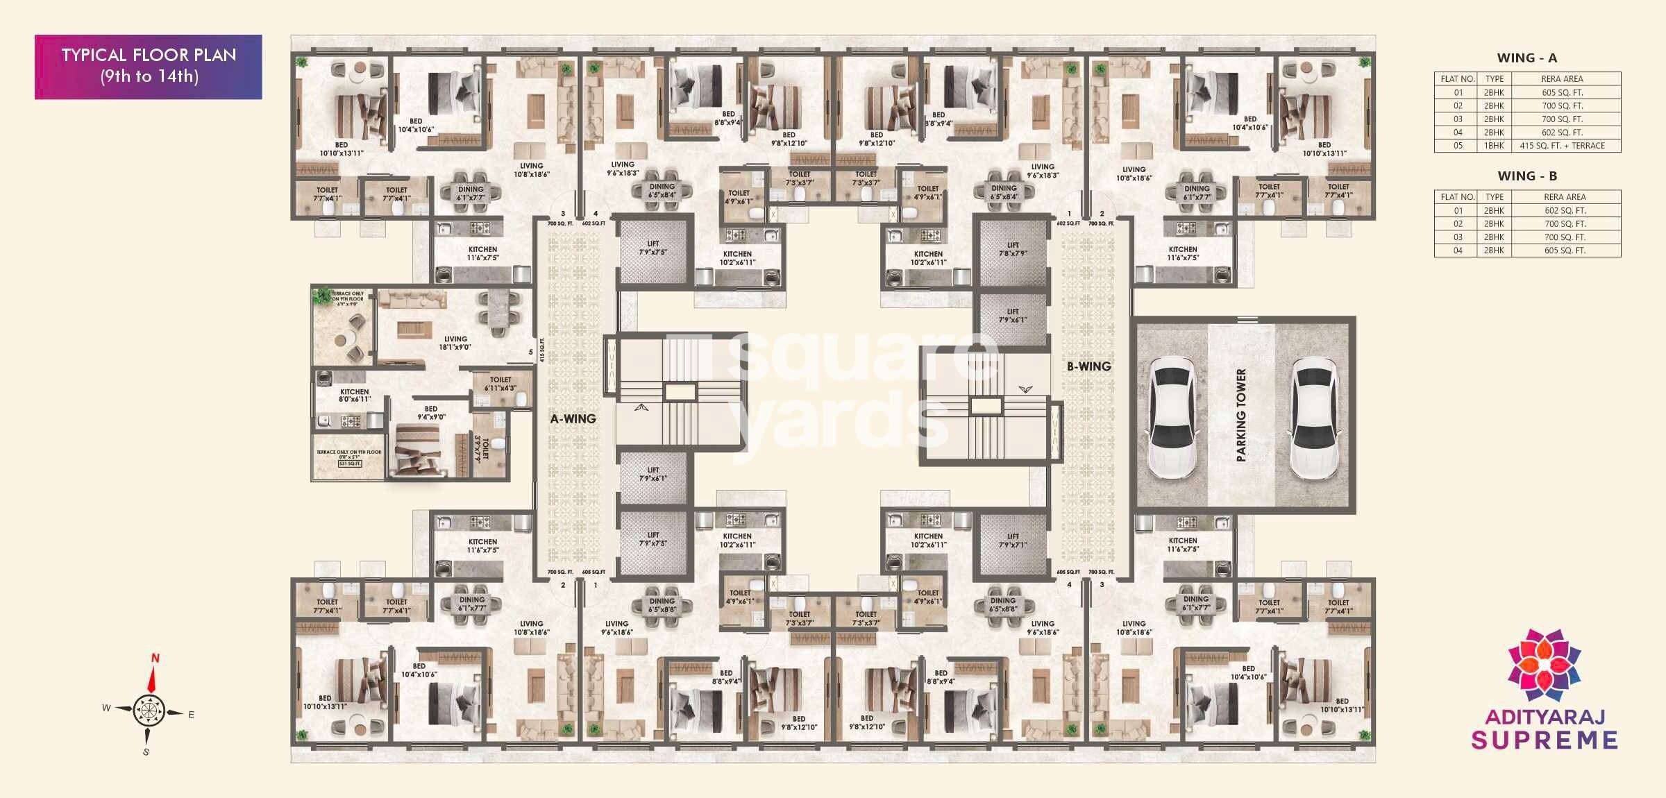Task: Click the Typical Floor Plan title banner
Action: point(149,66)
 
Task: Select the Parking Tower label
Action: point(1241,415)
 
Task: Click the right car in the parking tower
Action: point(1313,418)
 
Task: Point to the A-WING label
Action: point(573,419)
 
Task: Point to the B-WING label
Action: point(1088,366)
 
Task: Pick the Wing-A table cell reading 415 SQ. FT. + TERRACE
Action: point(1562,146)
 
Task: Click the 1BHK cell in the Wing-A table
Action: point(1494,146)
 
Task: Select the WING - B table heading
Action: point(1527,176)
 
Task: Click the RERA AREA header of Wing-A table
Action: point(1562,79)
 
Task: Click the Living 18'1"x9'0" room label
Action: point(455,343)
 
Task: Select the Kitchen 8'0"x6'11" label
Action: point(354,396)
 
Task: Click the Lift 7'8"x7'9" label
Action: point(1013,249)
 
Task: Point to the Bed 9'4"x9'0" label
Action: point(431,413)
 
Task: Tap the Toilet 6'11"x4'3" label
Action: point(500,384)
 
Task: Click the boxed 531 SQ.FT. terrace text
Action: point(350,464)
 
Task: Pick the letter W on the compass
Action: point(106,708)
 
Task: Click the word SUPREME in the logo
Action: point(1545,740)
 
